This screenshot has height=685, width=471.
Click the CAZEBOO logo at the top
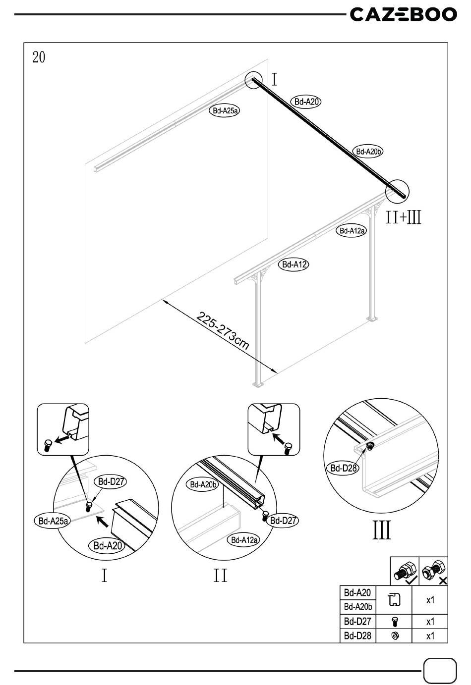click(404, 15)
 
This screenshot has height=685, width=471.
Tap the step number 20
click(39, 57)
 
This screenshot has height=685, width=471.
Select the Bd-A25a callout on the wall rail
click(225, 111)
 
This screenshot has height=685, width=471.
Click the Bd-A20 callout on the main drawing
click(306, 102)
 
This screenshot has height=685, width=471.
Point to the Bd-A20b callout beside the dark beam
click(368, 152)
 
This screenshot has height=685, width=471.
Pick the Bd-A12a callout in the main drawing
click(352, 231)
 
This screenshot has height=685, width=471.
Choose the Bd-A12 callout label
click(294, 264)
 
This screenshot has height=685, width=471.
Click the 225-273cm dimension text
click(223, 330)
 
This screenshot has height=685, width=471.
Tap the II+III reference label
click(404, 217)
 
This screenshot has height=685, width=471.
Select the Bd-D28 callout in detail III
click(344, 468)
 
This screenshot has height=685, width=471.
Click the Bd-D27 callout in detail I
click(111, 482)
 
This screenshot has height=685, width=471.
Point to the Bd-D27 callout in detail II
click(283, 520)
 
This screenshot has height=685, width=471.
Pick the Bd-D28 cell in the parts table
click(357, 635)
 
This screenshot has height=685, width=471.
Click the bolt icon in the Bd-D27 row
click(395, 622)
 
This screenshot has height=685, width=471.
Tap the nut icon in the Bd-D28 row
click(395, 636)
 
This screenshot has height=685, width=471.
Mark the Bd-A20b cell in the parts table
click(358, 606)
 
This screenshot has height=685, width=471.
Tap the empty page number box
click(440, 671)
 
